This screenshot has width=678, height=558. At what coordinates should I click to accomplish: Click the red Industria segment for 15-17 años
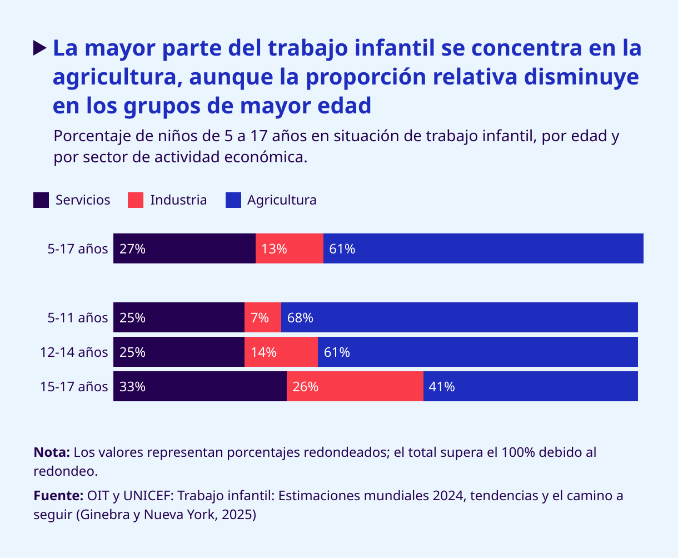pyautogui.click(x=355, y=387)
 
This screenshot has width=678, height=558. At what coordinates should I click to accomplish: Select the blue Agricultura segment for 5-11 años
pyautogui.click(x=459, y=318)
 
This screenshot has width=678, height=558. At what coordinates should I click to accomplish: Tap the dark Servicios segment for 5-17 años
pyautogui.click(x=184, y=248)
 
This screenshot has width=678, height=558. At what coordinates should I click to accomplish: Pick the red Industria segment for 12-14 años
pyautogui.click(x=281, y=352)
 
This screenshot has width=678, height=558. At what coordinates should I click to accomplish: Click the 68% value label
pyautogui.click(x=300, y=318)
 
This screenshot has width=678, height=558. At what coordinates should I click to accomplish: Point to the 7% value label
pyautogui.click(x=260, y=318)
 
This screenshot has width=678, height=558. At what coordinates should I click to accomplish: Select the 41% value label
pyautogui.click(x=442, y=387)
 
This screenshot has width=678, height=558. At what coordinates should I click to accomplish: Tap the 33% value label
pyautogui.click(x=132, y=387)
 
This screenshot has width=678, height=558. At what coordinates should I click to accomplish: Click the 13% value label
pyautogui.click(x=274, y=248)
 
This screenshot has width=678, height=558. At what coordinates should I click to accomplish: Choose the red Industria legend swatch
pyautogui.click(x=136, y=200)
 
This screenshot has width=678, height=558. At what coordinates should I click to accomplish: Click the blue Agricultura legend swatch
pyautogui.click(x=233, y=200)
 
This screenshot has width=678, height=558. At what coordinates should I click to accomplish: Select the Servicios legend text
pyautogui.click(x=83, y=200)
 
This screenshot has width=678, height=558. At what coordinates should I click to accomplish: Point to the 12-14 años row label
pyautogui.click(x=74, y=352)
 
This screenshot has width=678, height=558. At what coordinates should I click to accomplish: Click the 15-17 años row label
pyautogui.click(x=74, y=387)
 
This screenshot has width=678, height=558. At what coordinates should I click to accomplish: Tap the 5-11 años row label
pyautogui.click(x=78, y=318)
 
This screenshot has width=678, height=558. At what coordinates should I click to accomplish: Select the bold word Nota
pyautogui.click(x=51, y=452)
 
